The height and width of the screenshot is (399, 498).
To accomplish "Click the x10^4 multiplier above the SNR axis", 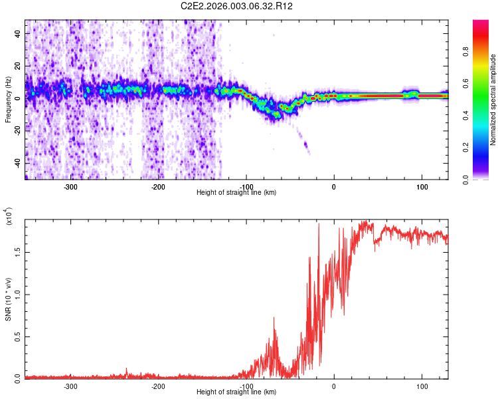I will tap(9, 217).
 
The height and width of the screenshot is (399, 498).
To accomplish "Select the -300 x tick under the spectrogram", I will tap(71, 186).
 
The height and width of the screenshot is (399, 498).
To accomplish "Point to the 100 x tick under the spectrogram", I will tap(422, 186).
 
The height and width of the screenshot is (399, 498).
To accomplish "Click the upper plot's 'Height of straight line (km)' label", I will tap(237, 193).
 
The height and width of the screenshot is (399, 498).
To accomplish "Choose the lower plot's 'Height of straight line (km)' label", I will tap(237, 392).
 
